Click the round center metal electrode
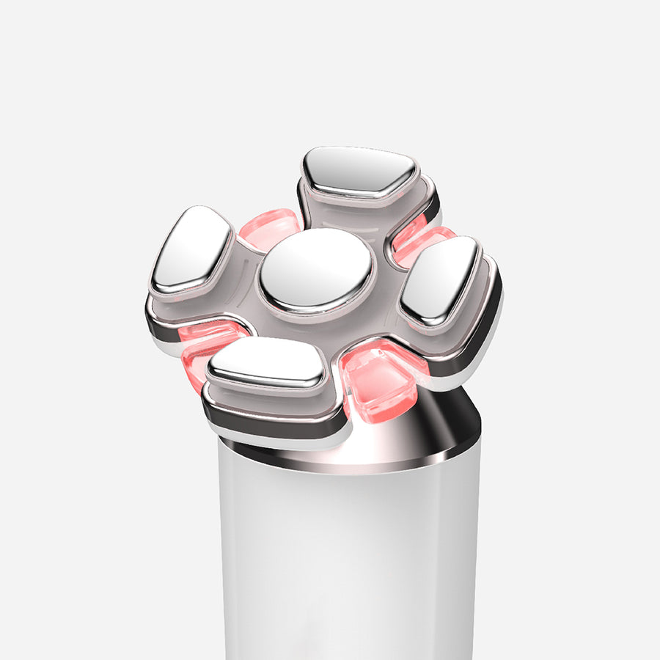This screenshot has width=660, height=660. coord(317,270)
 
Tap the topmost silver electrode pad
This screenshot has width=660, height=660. coord(359,170)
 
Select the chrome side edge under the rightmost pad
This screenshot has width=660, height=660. coord(484,330)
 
